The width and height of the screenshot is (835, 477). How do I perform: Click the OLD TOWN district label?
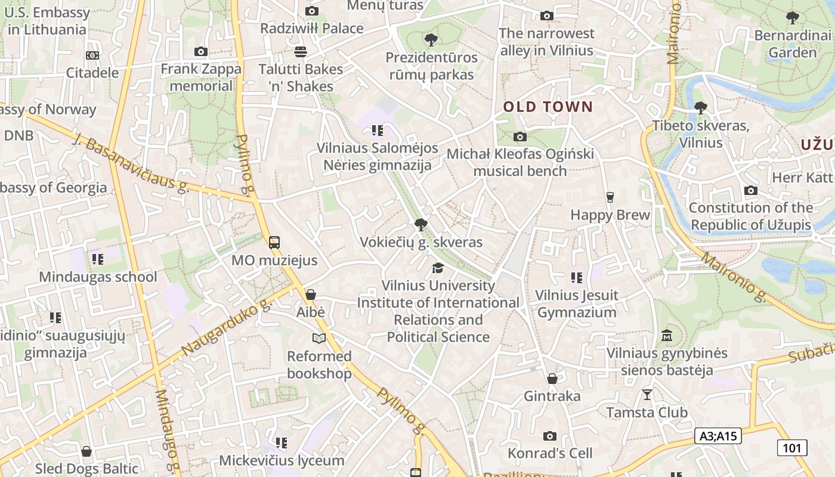548,107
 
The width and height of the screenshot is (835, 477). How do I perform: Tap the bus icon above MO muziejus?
274,243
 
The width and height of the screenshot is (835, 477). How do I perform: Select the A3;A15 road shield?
719,436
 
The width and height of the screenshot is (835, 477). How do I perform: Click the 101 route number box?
791,448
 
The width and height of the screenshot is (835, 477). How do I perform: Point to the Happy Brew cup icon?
610,197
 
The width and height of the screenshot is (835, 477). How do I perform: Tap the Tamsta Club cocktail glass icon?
647,395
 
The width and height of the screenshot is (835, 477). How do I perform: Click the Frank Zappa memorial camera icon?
201,52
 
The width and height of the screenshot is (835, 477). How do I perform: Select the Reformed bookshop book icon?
319,339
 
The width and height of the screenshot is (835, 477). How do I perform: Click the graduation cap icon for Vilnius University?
438,268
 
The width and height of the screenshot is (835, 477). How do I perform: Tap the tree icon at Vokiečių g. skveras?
420,225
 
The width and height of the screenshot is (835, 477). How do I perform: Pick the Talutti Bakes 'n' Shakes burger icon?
300,51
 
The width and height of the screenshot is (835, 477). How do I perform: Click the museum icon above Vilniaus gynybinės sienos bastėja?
667,336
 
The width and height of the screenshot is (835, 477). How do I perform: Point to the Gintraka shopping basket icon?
552,379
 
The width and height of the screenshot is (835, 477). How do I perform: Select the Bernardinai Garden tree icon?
792,18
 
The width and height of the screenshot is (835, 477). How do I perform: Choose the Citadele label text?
92,73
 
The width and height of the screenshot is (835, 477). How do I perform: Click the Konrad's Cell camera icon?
549,436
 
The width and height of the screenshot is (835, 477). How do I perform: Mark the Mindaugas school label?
98,277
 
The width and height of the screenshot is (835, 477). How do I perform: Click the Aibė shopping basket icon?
310,295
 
